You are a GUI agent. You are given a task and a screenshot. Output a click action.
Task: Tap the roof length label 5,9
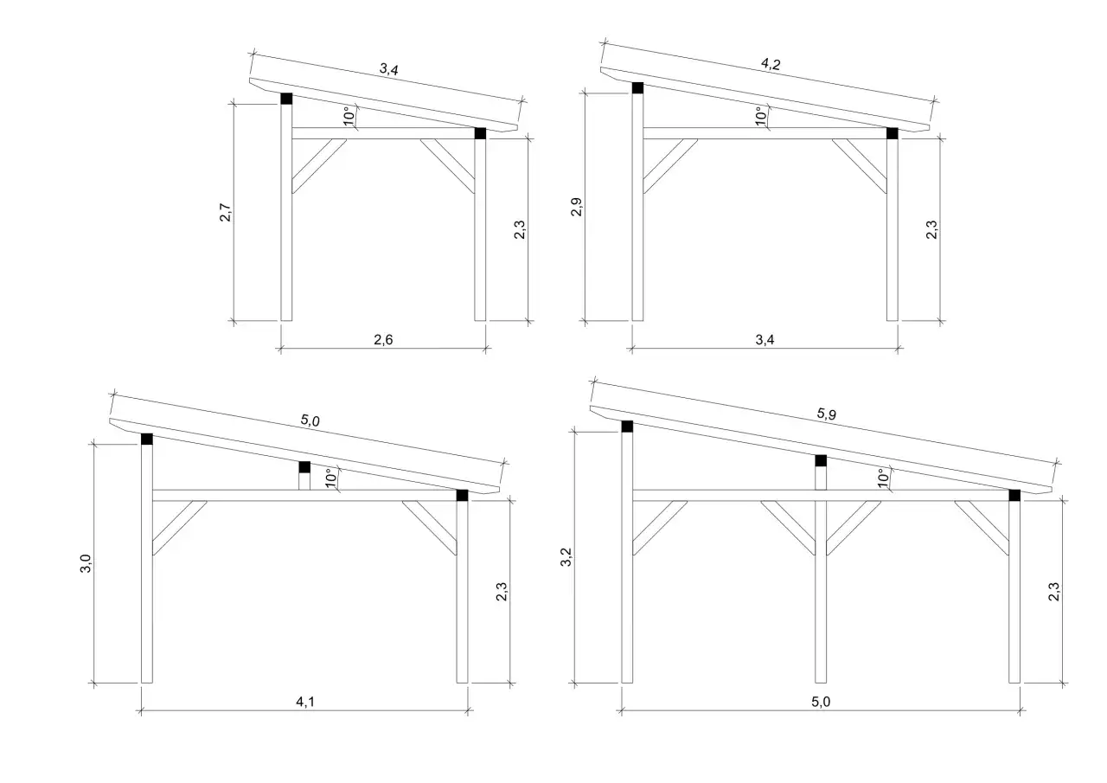click(826, 414)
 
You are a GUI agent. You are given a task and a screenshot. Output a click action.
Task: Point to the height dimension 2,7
click(225, 213)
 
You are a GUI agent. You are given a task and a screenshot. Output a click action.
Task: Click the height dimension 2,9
click(577, 208)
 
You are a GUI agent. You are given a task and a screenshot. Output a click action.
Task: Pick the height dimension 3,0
click(85, 564)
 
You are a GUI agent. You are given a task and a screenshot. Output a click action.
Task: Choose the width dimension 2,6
click(383, 340)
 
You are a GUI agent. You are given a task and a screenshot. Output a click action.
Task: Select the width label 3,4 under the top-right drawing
click(764, 340)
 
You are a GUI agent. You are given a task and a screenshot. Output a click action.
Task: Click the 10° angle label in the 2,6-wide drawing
click(349, 117)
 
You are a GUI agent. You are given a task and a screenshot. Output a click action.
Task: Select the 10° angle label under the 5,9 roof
click(882, 478)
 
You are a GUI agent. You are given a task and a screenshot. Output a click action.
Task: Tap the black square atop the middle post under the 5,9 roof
click(821, 460)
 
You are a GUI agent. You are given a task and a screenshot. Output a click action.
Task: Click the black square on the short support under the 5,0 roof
click(304, 467)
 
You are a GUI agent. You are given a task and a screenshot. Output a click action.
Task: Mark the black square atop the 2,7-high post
click(286, 99)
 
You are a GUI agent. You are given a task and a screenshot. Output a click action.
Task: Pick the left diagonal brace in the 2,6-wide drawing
click(318, 165)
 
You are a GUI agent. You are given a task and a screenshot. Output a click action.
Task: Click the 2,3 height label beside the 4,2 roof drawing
click(932, 229)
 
